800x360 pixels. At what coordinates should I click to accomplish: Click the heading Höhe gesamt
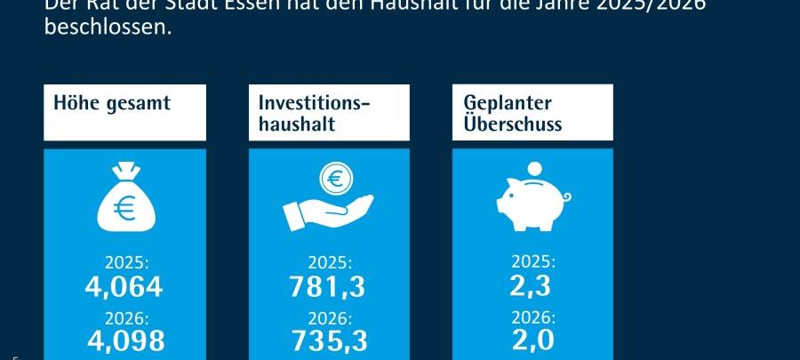112,103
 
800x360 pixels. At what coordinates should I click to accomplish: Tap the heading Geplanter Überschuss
513,113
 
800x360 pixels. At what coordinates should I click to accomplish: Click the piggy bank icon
532,200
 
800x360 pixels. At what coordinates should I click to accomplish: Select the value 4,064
124,287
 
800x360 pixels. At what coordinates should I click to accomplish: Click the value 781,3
330,287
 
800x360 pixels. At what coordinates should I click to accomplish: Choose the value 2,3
533,286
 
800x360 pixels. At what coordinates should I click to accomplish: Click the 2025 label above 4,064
124,263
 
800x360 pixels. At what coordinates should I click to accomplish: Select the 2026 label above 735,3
330,316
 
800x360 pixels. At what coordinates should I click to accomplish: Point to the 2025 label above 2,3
533,262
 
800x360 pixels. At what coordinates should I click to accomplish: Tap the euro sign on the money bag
124,209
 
